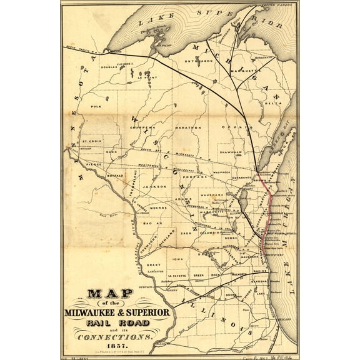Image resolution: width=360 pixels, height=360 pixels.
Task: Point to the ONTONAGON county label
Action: pos(197,60)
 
